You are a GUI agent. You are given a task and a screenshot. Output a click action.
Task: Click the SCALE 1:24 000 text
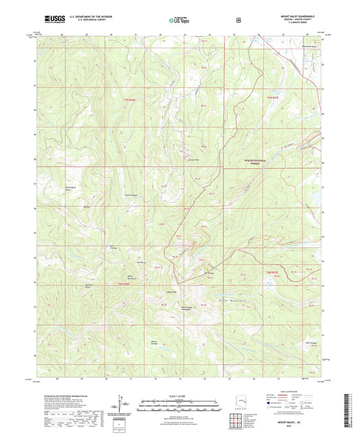[x=179, y=395]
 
